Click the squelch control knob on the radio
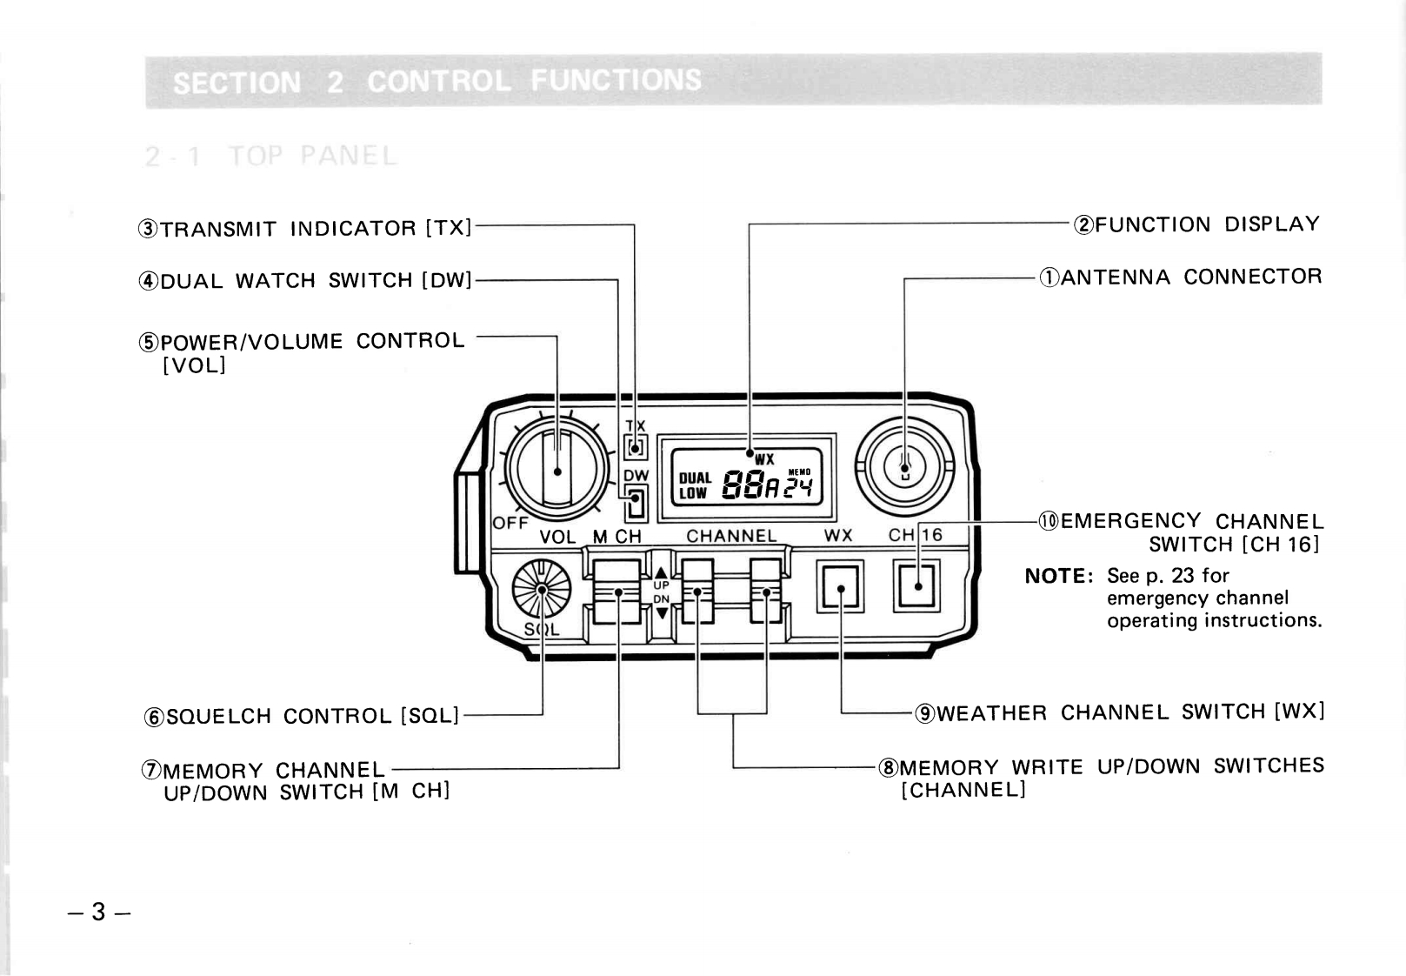541,589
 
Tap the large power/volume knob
557,471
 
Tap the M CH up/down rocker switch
617,592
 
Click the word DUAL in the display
695,478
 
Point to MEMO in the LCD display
798,472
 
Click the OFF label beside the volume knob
510,523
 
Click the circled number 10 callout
1049,522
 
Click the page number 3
98,912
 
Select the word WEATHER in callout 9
991,714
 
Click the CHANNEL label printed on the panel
731,536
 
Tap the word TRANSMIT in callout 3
219,230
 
